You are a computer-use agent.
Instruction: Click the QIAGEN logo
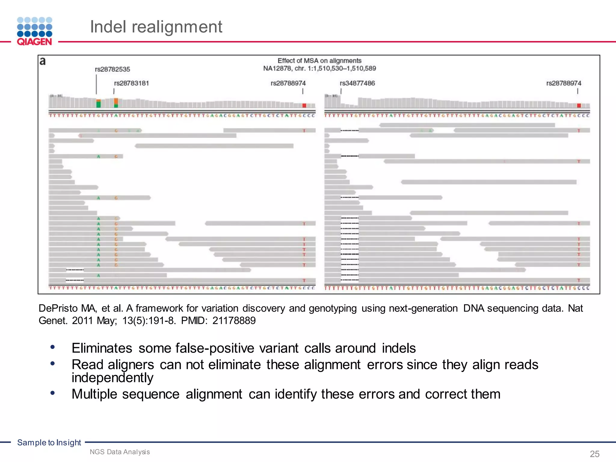coord(35,31)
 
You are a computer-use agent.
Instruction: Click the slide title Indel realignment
coord(156,27)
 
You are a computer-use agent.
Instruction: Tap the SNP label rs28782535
coord(112,69)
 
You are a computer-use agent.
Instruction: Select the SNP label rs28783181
coord(131,83)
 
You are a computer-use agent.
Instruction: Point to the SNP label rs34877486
coord(357,83)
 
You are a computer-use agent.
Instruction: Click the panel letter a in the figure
coord(43,61)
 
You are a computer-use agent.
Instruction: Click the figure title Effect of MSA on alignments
coord(319,61)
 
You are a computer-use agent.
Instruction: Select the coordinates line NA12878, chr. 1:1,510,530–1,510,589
coord(319,69)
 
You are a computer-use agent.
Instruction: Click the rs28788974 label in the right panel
coord(564,83)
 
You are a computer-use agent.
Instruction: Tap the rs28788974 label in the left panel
coord(288,83)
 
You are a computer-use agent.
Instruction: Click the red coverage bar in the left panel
coord(304,106)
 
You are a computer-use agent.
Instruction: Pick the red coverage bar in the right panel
coord(579,106)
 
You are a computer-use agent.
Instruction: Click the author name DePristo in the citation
coord(58,308)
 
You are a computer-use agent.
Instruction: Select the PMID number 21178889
coord(234,321)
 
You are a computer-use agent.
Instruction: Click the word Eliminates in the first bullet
coord(102,348)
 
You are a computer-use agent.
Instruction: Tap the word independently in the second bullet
coord(112,378)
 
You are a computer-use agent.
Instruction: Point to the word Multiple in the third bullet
coord(94,394)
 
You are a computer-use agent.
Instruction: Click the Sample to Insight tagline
coord(49,442)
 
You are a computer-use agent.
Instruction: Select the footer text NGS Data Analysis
coord(120,452)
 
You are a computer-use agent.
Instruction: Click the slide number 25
coord(595,454)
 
